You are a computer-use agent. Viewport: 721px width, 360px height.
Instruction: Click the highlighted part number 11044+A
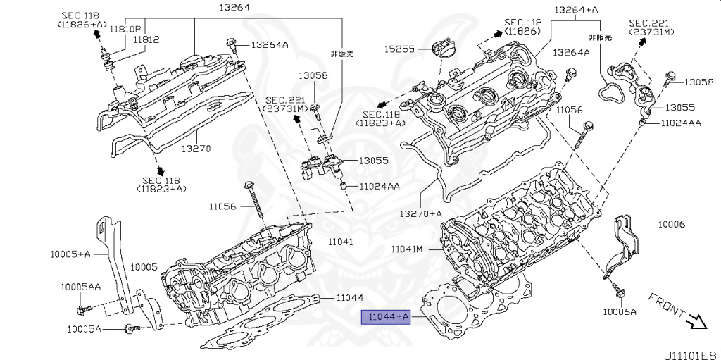pos(385,318)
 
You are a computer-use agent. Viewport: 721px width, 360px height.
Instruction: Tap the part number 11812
pos(146,40)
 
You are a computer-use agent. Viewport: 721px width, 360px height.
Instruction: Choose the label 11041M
pos(407,249)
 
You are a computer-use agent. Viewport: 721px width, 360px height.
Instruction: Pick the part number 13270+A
pos(421,213)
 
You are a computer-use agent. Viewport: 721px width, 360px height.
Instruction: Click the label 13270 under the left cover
pos(196,149)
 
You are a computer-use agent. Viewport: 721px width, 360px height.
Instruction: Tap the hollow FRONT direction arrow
pos(697,322)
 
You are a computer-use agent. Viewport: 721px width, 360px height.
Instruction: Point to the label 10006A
pos(619,311)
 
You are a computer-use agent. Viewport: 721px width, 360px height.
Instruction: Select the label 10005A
pos(84,329)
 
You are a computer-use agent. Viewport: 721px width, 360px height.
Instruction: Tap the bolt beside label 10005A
pos(129,328)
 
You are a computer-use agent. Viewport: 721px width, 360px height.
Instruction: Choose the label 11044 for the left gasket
pos(349,298)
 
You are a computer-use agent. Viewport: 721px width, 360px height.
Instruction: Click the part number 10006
pos(671,224)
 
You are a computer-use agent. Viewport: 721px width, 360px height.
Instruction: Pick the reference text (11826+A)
pos(82,24)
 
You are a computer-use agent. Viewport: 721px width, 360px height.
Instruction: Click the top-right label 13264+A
pos(576,10)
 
